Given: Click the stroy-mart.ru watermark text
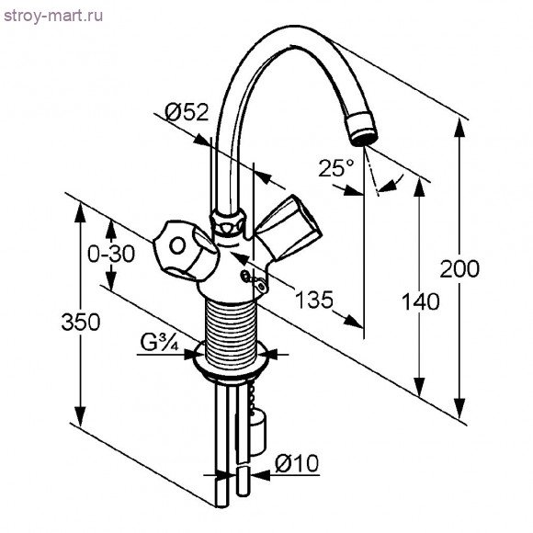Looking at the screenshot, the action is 53,16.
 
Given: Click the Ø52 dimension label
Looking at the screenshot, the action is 187,112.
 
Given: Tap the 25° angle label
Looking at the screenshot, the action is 335,168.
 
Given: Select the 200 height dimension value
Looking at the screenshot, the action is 459,268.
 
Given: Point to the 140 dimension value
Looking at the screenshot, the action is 421,301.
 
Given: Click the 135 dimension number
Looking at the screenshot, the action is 314,300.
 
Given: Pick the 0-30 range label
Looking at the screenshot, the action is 111,254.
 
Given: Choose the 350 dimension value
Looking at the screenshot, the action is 81,322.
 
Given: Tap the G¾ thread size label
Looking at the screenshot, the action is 159,343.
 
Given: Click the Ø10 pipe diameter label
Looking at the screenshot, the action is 297,462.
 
